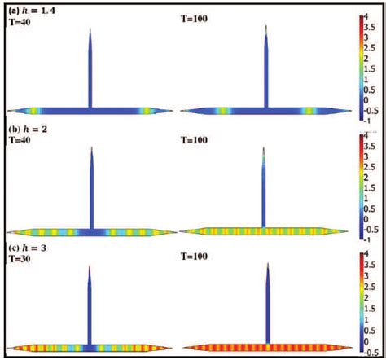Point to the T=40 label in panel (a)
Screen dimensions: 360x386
[18, 22]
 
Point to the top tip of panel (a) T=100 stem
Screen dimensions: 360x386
[266, 27]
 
